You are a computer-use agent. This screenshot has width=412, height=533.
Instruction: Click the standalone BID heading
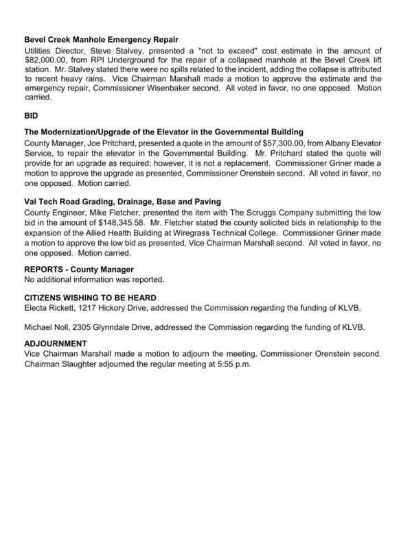(x=32, y=117)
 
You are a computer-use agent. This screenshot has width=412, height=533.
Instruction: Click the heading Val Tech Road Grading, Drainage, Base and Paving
(x=122, y=203)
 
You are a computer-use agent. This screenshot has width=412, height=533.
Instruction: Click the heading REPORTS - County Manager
(x=79, y=270)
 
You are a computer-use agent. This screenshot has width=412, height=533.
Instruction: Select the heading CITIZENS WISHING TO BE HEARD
(x=88, y=299)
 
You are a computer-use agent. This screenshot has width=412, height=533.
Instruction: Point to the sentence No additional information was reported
(x=94, y=280)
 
